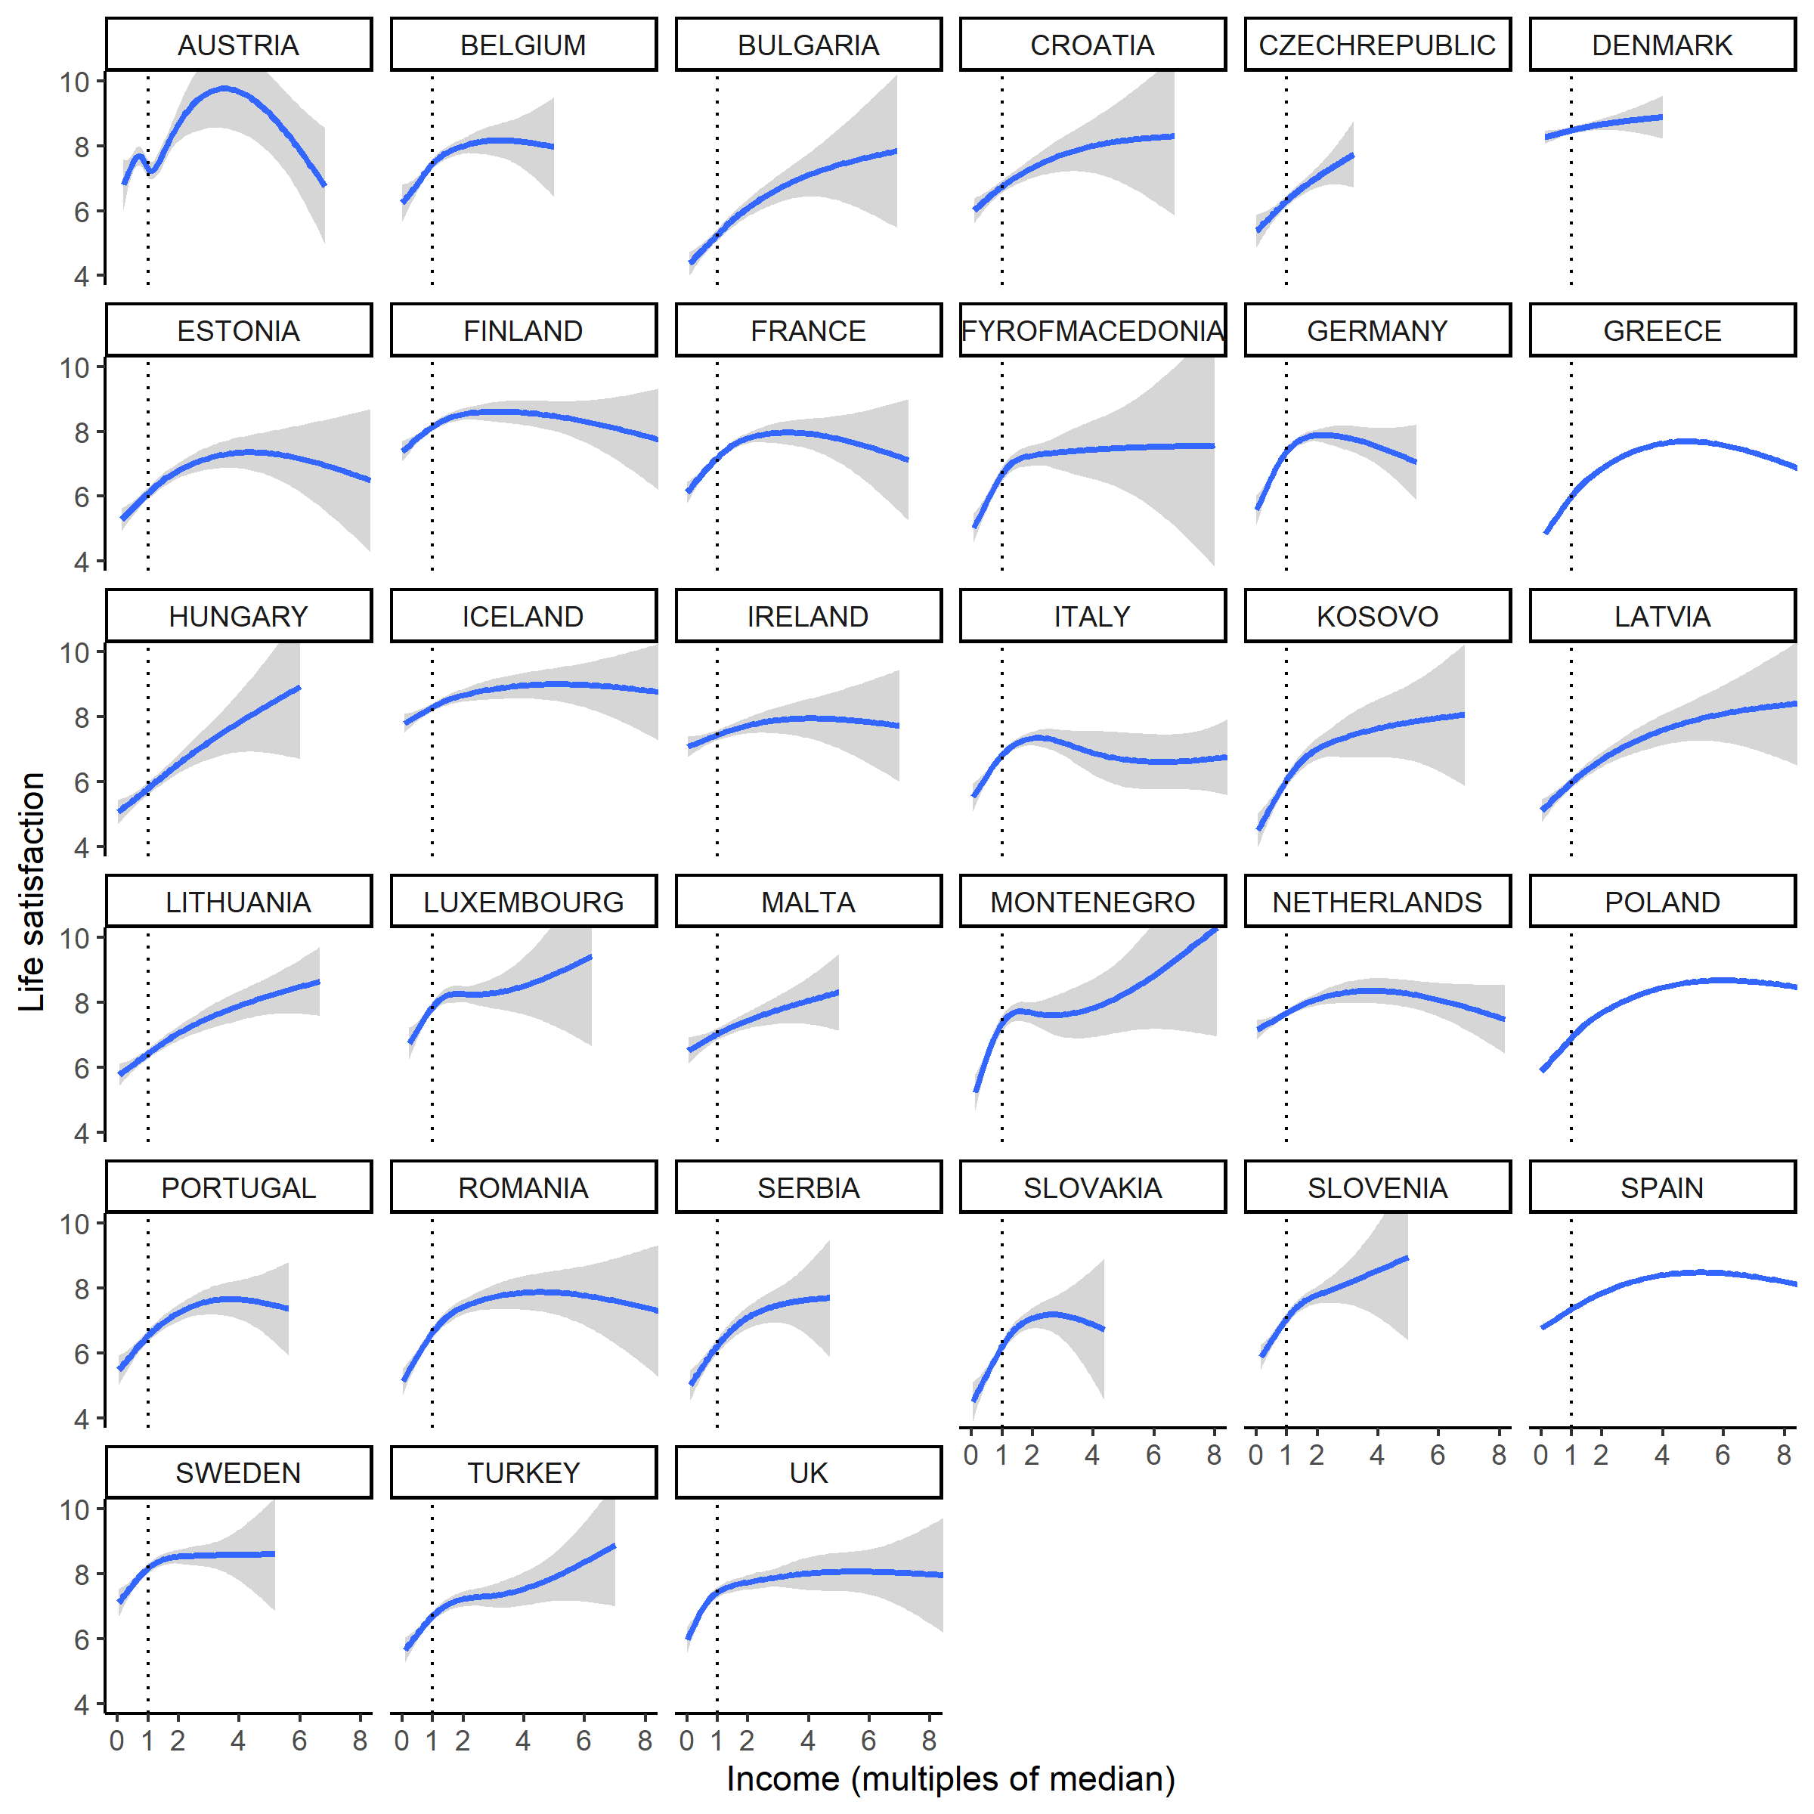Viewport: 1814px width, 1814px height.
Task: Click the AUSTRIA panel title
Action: click(239, 45)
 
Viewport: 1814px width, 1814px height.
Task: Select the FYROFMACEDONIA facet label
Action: click(1092, 330)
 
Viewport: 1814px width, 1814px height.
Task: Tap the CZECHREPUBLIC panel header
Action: click(1376, 45)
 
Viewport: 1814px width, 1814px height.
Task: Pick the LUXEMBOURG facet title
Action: click(523, 902)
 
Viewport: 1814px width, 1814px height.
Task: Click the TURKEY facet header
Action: click(523, 1472)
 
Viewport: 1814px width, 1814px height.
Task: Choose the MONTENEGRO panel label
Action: click(1092, 902)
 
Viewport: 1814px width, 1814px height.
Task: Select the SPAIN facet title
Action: click(1661, 1187)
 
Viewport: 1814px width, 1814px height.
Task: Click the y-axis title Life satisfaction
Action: click(32, 892)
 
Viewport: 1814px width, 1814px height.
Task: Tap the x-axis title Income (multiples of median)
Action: click(950, 1778)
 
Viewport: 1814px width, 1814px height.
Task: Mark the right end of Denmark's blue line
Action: click(1662, 117)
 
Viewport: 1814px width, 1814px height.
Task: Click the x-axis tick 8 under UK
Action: click(929, 1741)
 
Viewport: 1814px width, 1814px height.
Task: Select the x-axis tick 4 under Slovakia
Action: click(1092, 1455)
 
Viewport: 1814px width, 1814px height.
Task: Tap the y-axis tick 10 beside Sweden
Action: click(75, 1510)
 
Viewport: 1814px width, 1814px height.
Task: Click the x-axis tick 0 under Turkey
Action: click(402, 1741)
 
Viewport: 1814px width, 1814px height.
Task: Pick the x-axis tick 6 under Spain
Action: click(1722, 1455)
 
